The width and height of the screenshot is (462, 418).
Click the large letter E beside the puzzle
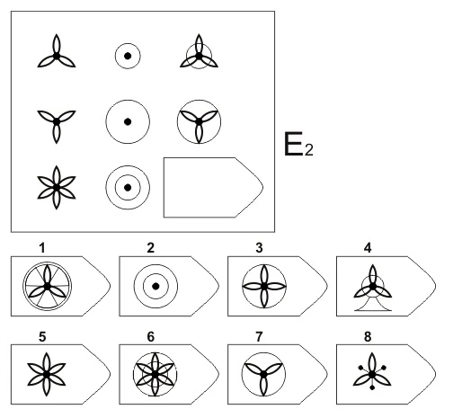tap(293, 144)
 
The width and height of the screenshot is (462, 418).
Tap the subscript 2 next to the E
tap(309, 150)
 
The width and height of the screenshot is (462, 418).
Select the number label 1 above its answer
tap(42, 248)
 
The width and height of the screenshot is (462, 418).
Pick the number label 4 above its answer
tap(368, 248)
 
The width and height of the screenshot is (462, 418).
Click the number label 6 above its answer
tap(151, 337)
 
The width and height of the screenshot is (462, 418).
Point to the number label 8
tap(368, 337)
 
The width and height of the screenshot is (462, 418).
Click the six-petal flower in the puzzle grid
tap(57, 188)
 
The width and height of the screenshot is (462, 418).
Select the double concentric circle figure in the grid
tap(128, 188)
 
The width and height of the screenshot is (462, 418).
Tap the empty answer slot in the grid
tap(213, 187)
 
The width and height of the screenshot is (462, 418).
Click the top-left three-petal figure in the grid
tap(57, 51)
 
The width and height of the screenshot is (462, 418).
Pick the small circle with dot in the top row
tap(128, 56)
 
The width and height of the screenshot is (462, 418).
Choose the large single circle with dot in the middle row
tap(128, 121)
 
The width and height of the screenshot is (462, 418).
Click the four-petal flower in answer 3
tap(264, 287)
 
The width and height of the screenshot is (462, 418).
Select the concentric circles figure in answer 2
tap(155, 287)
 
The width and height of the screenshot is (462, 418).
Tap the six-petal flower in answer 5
tap(47, 375)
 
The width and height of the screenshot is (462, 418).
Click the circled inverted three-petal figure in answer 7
tap(263, 375)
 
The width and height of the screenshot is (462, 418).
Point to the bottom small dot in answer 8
tap(372, 387)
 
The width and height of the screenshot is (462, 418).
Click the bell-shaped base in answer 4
tap(373, 304)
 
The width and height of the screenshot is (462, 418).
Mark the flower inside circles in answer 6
tap(155, 375)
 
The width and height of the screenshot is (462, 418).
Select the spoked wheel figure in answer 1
tap(47, 287)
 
